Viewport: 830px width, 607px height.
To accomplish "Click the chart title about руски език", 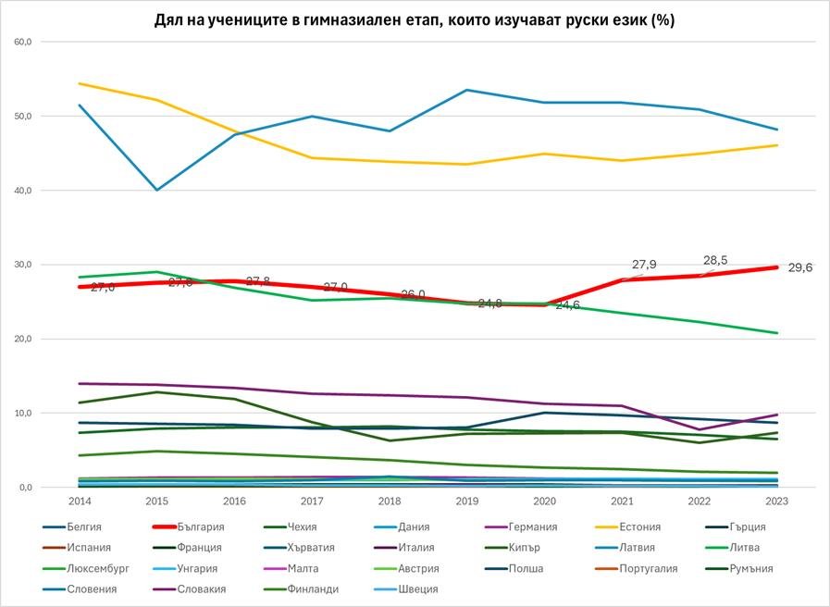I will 415,19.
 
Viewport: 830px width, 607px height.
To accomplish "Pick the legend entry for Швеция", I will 419,589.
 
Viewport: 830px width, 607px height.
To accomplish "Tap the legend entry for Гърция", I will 745,527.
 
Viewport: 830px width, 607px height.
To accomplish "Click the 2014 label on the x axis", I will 81,500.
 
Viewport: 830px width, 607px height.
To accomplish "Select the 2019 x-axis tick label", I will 467,500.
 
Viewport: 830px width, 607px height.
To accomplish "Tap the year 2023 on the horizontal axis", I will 775,500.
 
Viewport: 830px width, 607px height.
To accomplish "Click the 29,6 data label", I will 799,268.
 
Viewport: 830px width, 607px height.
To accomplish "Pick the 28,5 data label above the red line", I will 715,261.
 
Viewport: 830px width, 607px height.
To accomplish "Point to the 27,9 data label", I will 644,266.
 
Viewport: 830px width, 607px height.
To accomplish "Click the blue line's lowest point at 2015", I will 158,190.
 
